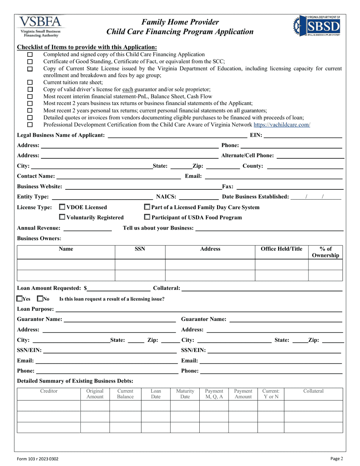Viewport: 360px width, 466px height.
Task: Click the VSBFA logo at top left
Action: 41,27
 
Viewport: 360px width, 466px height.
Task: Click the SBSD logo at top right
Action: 317,26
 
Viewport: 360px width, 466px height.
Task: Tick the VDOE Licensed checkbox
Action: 63,207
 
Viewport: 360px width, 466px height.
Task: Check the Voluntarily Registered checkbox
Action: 63,217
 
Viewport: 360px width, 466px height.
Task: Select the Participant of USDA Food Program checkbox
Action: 147,217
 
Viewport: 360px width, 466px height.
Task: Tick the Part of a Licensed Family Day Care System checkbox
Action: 147,207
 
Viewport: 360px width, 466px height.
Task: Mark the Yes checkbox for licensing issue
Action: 20,299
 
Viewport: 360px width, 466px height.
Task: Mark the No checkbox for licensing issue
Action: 40,299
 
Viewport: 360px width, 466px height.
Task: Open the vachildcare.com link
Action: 282,125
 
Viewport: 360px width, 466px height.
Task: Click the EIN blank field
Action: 303,135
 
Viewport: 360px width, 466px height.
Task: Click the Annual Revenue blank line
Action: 88,228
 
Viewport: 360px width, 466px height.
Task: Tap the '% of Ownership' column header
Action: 325,252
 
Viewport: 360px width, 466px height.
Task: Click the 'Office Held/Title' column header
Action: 282,249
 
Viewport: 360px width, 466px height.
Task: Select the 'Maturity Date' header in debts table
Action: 185,394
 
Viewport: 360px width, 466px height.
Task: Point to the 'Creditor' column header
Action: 49,391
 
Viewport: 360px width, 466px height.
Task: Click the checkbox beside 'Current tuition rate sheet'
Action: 30,82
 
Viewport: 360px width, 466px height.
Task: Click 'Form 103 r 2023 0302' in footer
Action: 38,458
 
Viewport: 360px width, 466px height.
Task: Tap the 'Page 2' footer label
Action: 337,458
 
